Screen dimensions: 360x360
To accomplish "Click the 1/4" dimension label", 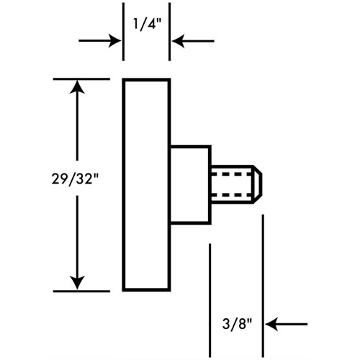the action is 147,24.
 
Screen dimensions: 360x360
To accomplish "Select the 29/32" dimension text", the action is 76,179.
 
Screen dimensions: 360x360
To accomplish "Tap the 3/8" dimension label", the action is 238,324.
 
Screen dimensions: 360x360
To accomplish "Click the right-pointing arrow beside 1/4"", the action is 100,40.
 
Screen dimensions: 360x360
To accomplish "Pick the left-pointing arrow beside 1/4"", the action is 193,41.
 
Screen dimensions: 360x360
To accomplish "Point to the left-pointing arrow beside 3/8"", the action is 287,324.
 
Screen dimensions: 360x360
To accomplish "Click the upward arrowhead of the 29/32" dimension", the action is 77,86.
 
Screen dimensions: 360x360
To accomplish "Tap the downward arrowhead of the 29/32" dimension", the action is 77,283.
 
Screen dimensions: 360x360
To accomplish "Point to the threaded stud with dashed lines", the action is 236,184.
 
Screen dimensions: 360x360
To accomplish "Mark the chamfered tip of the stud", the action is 258,184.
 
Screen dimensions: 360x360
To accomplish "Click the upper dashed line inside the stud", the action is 232,174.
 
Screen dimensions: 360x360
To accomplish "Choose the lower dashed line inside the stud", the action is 232,194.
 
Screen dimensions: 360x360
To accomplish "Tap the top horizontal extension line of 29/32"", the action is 81,78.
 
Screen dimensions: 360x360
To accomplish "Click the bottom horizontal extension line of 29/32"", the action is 81,292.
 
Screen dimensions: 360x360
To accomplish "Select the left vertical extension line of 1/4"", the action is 123,32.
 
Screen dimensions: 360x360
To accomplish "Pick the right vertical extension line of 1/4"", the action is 169,32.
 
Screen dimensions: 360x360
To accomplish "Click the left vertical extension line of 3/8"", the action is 210,300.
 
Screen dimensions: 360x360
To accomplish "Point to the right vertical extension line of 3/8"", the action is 263,286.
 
